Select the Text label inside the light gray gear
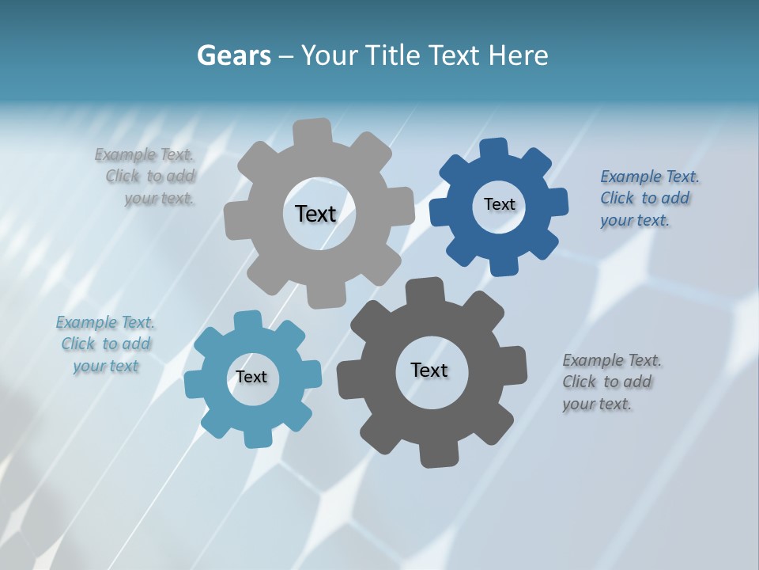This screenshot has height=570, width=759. [x=315, y=214]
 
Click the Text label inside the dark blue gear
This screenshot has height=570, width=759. [x=499, y=204]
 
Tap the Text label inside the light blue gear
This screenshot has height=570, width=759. [x=251, y=377]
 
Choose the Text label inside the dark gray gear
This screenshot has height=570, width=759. [x=429, y=370]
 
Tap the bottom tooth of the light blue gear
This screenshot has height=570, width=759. [x=258, y=437]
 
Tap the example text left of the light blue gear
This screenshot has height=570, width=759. [x=106, y=344]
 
